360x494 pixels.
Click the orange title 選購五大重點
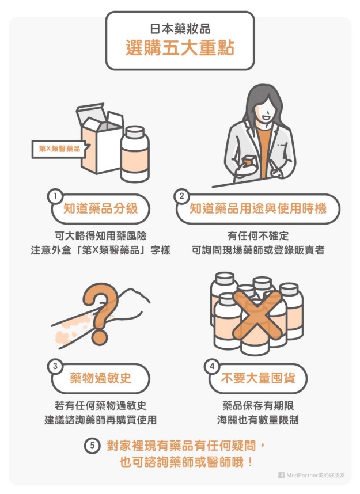point(180,48)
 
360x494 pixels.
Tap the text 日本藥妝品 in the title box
point(180,29)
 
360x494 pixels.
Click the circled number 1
point(55,196)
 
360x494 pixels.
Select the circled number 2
point(181,196)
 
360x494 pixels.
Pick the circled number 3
point(55,366)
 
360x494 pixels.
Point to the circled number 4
point(212,366)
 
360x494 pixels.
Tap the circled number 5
point(92,446)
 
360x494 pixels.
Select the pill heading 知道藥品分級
point(101,208)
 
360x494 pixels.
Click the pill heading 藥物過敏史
point(101,378)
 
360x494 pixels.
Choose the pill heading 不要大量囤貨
point(257,378)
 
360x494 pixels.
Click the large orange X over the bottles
point(257,316)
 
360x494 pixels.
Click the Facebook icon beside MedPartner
point(281,475)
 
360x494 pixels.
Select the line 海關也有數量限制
point(257,420)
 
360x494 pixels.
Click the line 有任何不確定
point(258,235)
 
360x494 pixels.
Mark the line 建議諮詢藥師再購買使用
point(101,420)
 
